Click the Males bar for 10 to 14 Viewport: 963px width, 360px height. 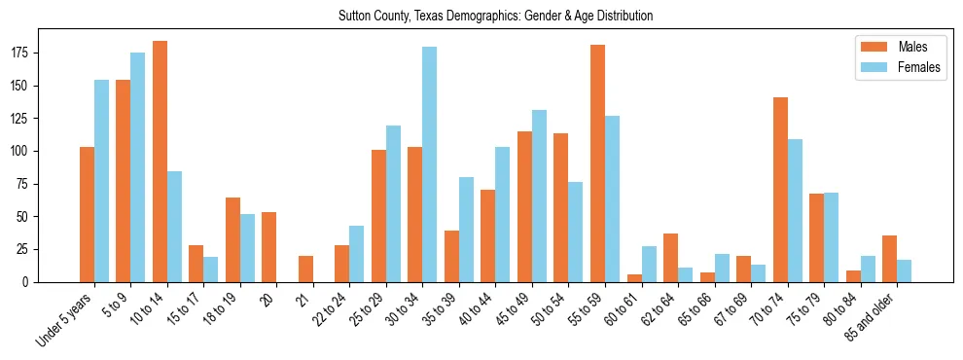pyautogui.click(x=160, y=162)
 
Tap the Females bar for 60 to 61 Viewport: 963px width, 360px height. pyautogui.click(x=649, y=264)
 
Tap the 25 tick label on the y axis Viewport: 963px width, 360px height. pyautogui.click(x=29, y=249)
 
